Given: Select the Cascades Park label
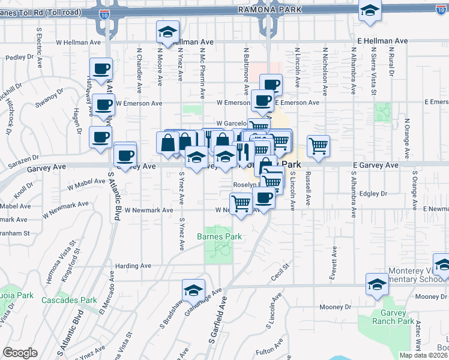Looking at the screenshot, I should pyautogui.click(x=69, y=300).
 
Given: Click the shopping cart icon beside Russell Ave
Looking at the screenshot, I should pyautogui.click(x=318, y=145).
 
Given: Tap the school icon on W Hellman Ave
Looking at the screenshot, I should pyautogui.click(x=168, y=31).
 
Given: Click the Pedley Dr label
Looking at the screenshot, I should pyautogui.click(x=19, y=57).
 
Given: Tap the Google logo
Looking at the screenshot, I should pyautogui.click(x=20, y=353).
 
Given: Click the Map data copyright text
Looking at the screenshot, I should pyautogui.click(x=423, y=355).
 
